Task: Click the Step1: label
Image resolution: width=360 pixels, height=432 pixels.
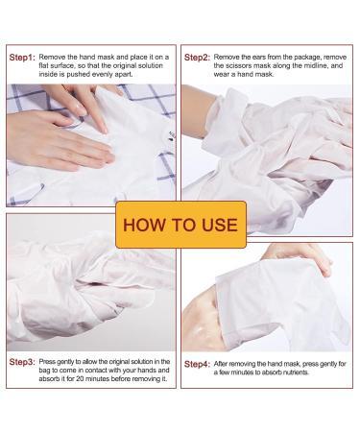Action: tap(22, 58)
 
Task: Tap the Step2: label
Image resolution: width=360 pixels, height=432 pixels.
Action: tap(197, 58)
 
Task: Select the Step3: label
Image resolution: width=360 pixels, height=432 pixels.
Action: tap(22, 362)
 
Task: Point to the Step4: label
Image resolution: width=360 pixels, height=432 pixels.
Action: tap(197, 364)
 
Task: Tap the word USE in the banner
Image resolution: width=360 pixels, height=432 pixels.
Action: tap(220, 225)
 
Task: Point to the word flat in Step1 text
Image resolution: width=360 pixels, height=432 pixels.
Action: tap(44, 65)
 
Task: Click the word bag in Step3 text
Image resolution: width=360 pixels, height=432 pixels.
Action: tap(43, 371)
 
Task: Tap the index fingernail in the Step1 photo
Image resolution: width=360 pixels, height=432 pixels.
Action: tap(103, 129)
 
